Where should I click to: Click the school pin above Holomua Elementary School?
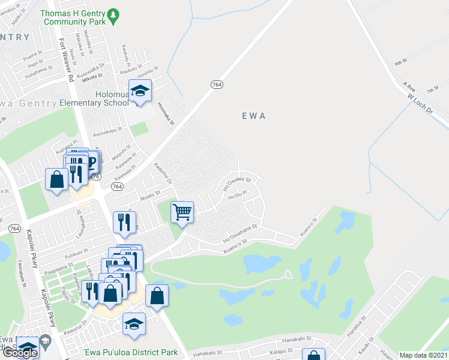[x=140, y=92]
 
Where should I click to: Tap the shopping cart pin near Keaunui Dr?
[x=182, y=212]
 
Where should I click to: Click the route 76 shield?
[x=95, y=176]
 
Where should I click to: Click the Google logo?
[x=20, y=353]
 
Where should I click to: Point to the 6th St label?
[x=400, y=62]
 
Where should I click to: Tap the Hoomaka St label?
[x=165, y=113]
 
